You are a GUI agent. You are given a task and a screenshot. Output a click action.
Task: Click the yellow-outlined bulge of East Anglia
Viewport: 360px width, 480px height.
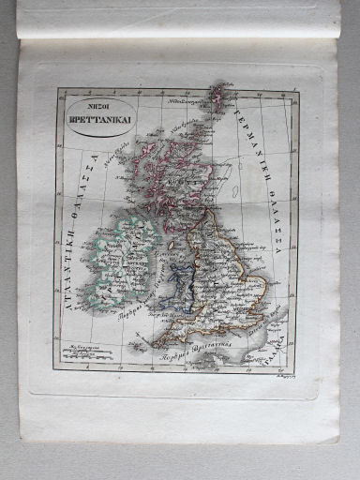[x=259, y=281]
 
